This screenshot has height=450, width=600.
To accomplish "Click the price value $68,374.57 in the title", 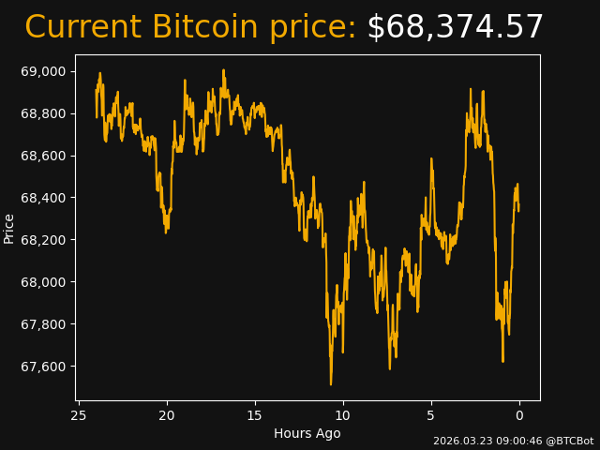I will (x=455, y=28).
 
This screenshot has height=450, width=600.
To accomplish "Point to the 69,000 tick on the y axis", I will (x=43, y=71).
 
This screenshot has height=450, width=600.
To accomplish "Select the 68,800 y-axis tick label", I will (x=43, y=113).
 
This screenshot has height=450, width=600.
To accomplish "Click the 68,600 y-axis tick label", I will (x=43, y=156).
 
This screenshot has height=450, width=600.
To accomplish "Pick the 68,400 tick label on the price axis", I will (x=43, y=198).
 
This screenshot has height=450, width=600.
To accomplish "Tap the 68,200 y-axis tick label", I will (x=43, y=240).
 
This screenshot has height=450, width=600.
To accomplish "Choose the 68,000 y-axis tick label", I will (x=43, y=282).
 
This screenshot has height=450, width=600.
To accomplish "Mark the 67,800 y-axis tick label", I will (x=43, y=324).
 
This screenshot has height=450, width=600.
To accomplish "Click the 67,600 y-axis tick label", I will (x=43, y=367).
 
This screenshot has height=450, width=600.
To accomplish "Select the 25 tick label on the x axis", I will (x=79, y=415).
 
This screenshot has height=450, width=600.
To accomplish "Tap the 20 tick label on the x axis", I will (x=167, y=415).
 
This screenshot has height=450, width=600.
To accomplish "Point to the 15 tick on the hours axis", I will (x=255, y=415).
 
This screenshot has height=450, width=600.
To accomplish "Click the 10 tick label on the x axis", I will (x=343, y=415).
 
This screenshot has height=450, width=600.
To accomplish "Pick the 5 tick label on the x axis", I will (x=431, y=415).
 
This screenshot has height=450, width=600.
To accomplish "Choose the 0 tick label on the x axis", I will (x=519, y=415).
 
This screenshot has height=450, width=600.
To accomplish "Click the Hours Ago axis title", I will (x=307, y=433).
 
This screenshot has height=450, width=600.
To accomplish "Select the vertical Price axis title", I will (x=9, y=228).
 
